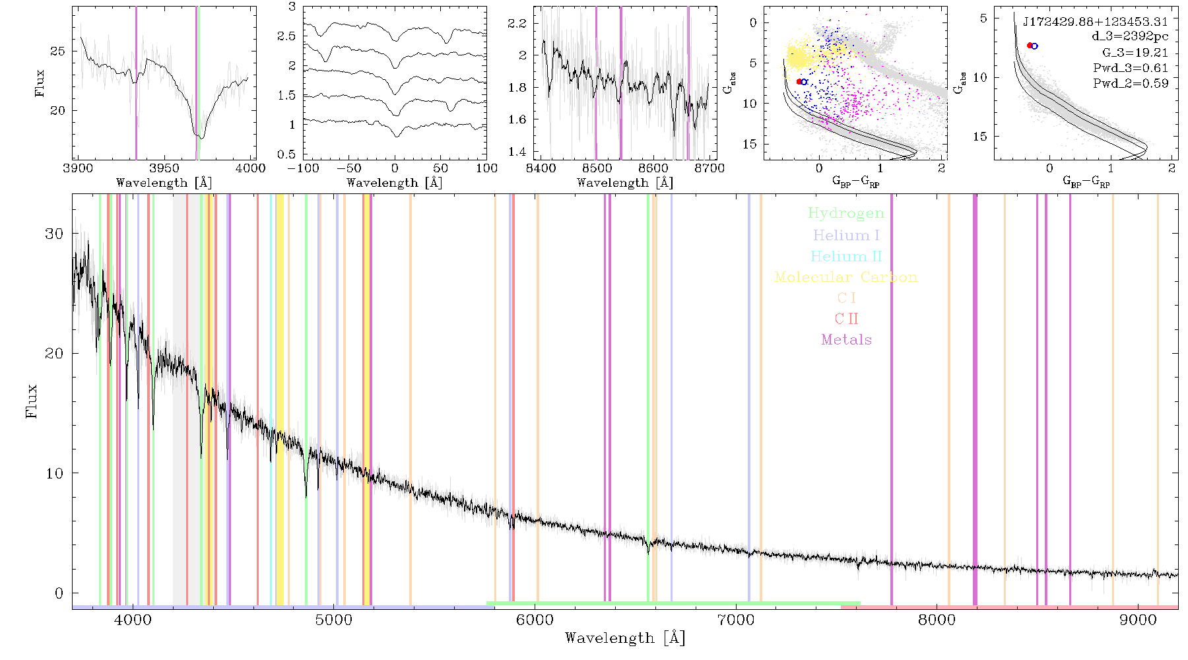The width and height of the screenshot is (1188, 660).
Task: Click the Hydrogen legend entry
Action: click(x=845, y=213)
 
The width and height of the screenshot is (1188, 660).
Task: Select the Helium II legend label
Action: click(x=846, y=256)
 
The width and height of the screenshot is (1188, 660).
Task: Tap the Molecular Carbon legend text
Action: click(x=846, y=277)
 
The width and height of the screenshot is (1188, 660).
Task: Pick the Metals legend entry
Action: click(x=847, y=340)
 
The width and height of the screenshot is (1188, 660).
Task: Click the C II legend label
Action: click(x=847, y=319)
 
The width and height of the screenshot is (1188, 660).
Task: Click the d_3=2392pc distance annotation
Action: click(x=1130, y=37)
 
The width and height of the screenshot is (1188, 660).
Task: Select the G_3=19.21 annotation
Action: click(x=1135, y=53)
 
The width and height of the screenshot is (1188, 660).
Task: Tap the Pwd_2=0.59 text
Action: click(x=1131, y=83)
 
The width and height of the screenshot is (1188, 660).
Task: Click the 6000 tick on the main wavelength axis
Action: click(x=535, y=620)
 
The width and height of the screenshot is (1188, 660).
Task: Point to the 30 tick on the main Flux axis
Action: click(x=54, y=234)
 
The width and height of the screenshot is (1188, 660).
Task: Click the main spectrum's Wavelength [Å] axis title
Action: click(x=625, y=638)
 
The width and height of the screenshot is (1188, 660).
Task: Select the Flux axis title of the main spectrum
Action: click(x=31, y=401)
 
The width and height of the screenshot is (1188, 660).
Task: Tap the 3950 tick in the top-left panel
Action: click(x=164, y=168)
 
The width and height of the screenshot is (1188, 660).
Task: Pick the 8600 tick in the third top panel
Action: click(x=653, y=168)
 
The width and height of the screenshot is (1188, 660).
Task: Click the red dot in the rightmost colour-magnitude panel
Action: click(x=1030, y=46)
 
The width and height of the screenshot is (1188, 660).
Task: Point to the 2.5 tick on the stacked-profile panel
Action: click(x=287, y=36)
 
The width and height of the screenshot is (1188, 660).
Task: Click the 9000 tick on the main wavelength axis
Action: click(x=1138, y=620)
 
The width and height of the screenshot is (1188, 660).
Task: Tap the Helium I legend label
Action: click(x=846, y=235)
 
